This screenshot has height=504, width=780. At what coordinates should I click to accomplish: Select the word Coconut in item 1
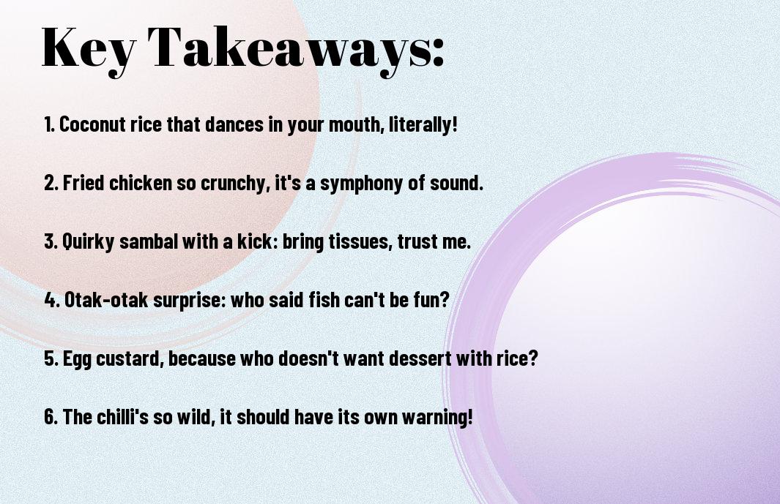(x=92, y=124)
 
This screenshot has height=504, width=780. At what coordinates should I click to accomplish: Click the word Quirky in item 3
(x=88, y=241)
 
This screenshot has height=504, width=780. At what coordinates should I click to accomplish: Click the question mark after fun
(x=445, y=299)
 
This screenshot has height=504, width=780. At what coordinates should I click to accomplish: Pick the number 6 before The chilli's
(x=50, y=416)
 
